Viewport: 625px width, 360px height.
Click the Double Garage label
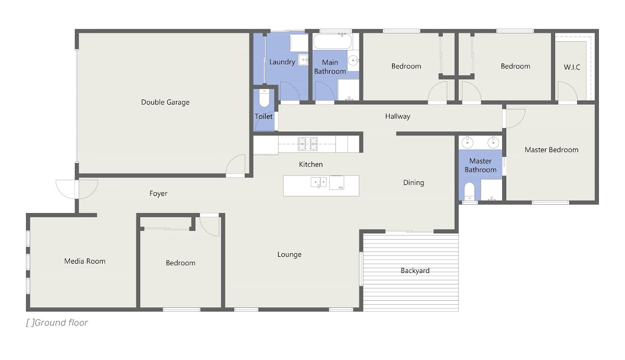[x=165, y=102]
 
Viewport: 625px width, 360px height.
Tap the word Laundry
[x=282, y=62]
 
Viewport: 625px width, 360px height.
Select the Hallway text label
[x=397, y=116]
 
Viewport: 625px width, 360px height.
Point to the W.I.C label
[x=572, y=67]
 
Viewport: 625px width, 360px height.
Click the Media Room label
[x=85, y=261]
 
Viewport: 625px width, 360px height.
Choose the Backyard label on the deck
[x=415, y=271]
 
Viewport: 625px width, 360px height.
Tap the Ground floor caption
[x=57, y=322]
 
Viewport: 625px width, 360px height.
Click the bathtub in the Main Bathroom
[x=332, y=41]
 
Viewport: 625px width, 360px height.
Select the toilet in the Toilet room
[x=264, y=98]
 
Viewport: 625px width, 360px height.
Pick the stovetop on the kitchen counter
[x=307, y=144]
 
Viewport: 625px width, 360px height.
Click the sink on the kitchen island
[x=319, y=182]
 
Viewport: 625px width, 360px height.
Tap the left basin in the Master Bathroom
[x=467, y=142]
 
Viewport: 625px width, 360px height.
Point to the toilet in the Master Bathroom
[x=470, y=191]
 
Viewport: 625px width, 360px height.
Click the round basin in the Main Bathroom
[x=353, y=60]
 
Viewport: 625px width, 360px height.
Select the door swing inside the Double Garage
[x=235, y=165]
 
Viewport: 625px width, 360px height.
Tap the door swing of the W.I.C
[x=567, y=91]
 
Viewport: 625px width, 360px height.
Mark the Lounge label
[x=290, y=255]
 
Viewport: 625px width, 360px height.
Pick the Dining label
[x=414, y=183]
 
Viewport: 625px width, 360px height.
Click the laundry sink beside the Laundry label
[x=303, y=60]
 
